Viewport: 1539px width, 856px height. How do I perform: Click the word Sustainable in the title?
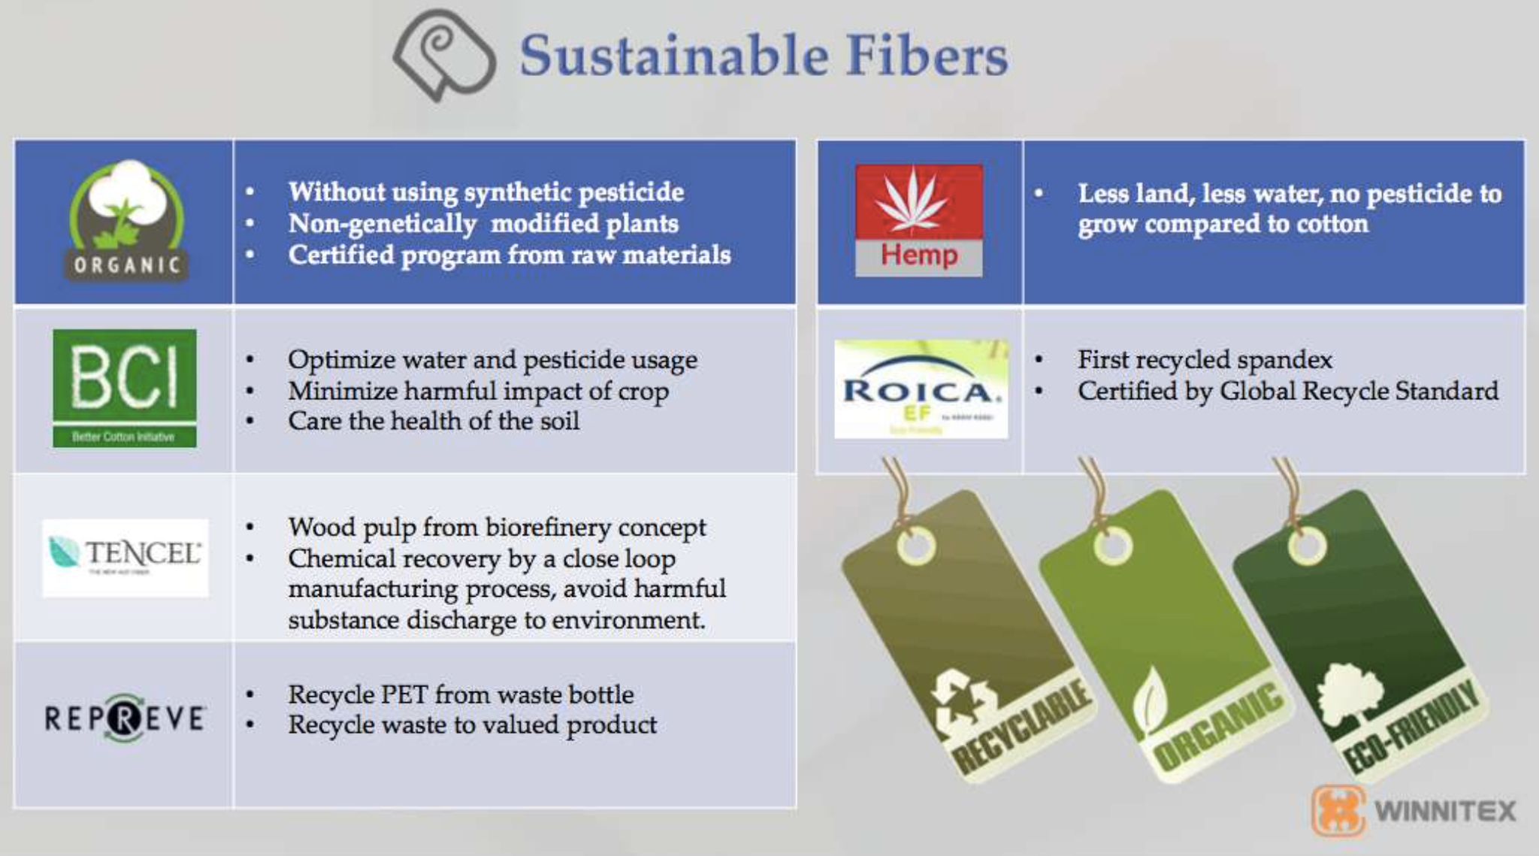(x=673, y=56)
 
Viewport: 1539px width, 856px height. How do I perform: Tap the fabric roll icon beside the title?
(x=444, y=55)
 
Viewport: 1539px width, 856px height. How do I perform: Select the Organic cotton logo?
(x=127, y=221)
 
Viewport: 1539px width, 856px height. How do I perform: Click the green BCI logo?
(x=125, y=389)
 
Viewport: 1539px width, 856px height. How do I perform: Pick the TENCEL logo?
(x=125, y=557)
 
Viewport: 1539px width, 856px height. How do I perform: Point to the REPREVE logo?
(x=125, y=718)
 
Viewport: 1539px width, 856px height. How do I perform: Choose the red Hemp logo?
(x=918, y=221)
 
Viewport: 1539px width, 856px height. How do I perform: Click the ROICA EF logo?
(x=921, y=389)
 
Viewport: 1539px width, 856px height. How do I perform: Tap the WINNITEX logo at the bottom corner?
(x=1414, y=811)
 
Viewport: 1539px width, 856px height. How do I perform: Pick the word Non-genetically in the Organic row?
(x=382, y=224)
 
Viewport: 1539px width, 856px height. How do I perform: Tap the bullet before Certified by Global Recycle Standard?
(x=1039, y=391)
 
